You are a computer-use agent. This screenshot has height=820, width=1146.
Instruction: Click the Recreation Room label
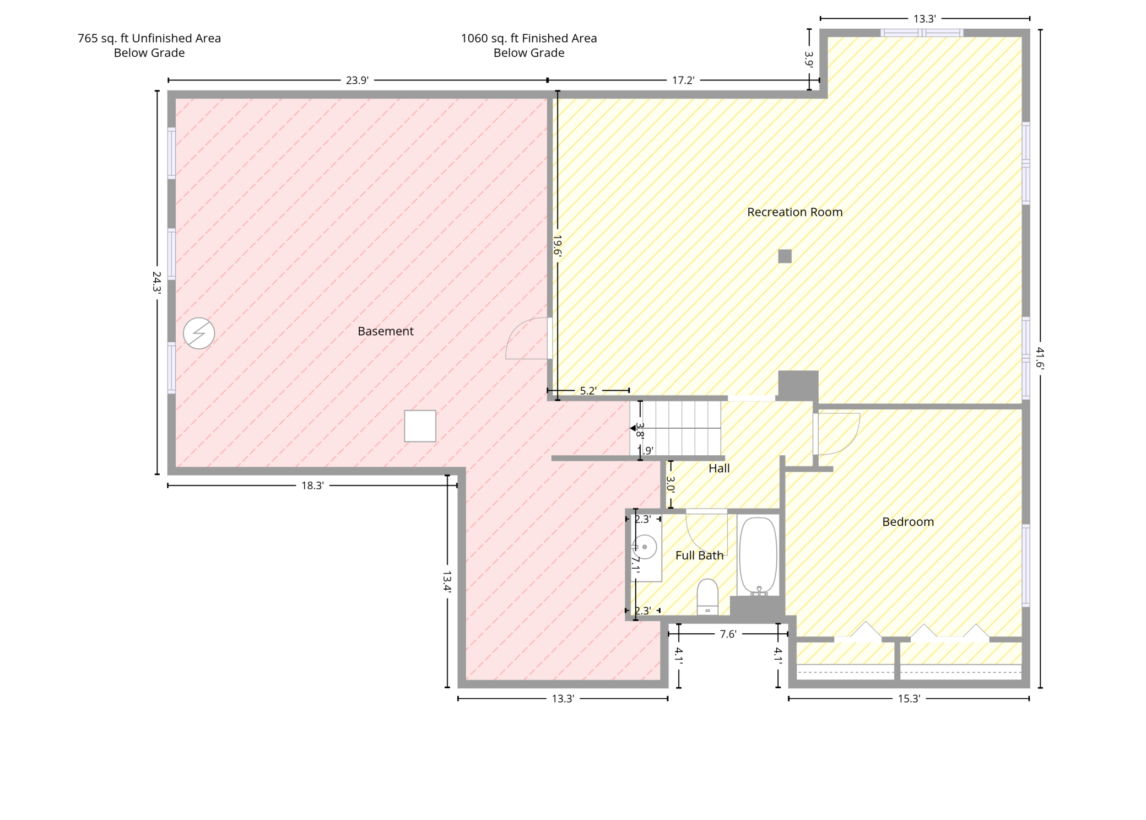point(794,212)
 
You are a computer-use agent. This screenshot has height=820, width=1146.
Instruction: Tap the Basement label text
point(386,331)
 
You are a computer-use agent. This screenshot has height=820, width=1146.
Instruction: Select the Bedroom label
point(908,522)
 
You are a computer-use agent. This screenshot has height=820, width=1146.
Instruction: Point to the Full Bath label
point(699,555)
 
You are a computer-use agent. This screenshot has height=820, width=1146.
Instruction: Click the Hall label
point(719,468)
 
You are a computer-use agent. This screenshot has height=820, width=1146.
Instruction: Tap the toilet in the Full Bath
point(707,597)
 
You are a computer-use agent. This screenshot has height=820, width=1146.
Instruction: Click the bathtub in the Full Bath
point(758,557)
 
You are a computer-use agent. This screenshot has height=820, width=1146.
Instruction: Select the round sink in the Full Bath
point(645,547)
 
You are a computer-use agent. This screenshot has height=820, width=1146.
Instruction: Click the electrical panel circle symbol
point(199,333)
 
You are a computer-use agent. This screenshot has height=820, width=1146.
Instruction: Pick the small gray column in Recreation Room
point(785,256)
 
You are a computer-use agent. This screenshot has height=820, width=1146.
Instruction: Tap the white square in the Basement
point(420,426)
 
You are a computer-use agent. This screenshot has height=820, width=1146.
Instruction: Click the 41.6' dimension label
point(1040,358)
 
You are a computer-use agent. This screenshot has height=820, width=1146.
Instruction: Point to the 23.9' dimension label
point(357,80)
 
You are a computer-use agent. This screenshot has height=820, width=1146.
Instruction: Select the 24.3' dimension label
point(157,282)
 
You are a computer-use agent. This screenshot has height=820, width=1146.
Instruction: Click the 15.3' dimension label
point(909,699)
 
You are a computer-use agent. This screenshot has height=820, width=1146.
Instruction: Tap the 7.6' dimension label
point(728,634)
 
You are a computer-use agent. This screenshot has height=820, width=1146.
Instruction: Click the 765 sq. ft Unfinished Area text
point(149,39)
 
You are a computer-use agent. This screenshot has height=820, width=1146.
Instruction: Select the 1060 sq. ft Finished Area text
point(529,39)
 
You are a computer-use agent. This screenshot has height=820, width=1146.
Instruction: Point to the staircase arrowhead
point(633,428)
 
